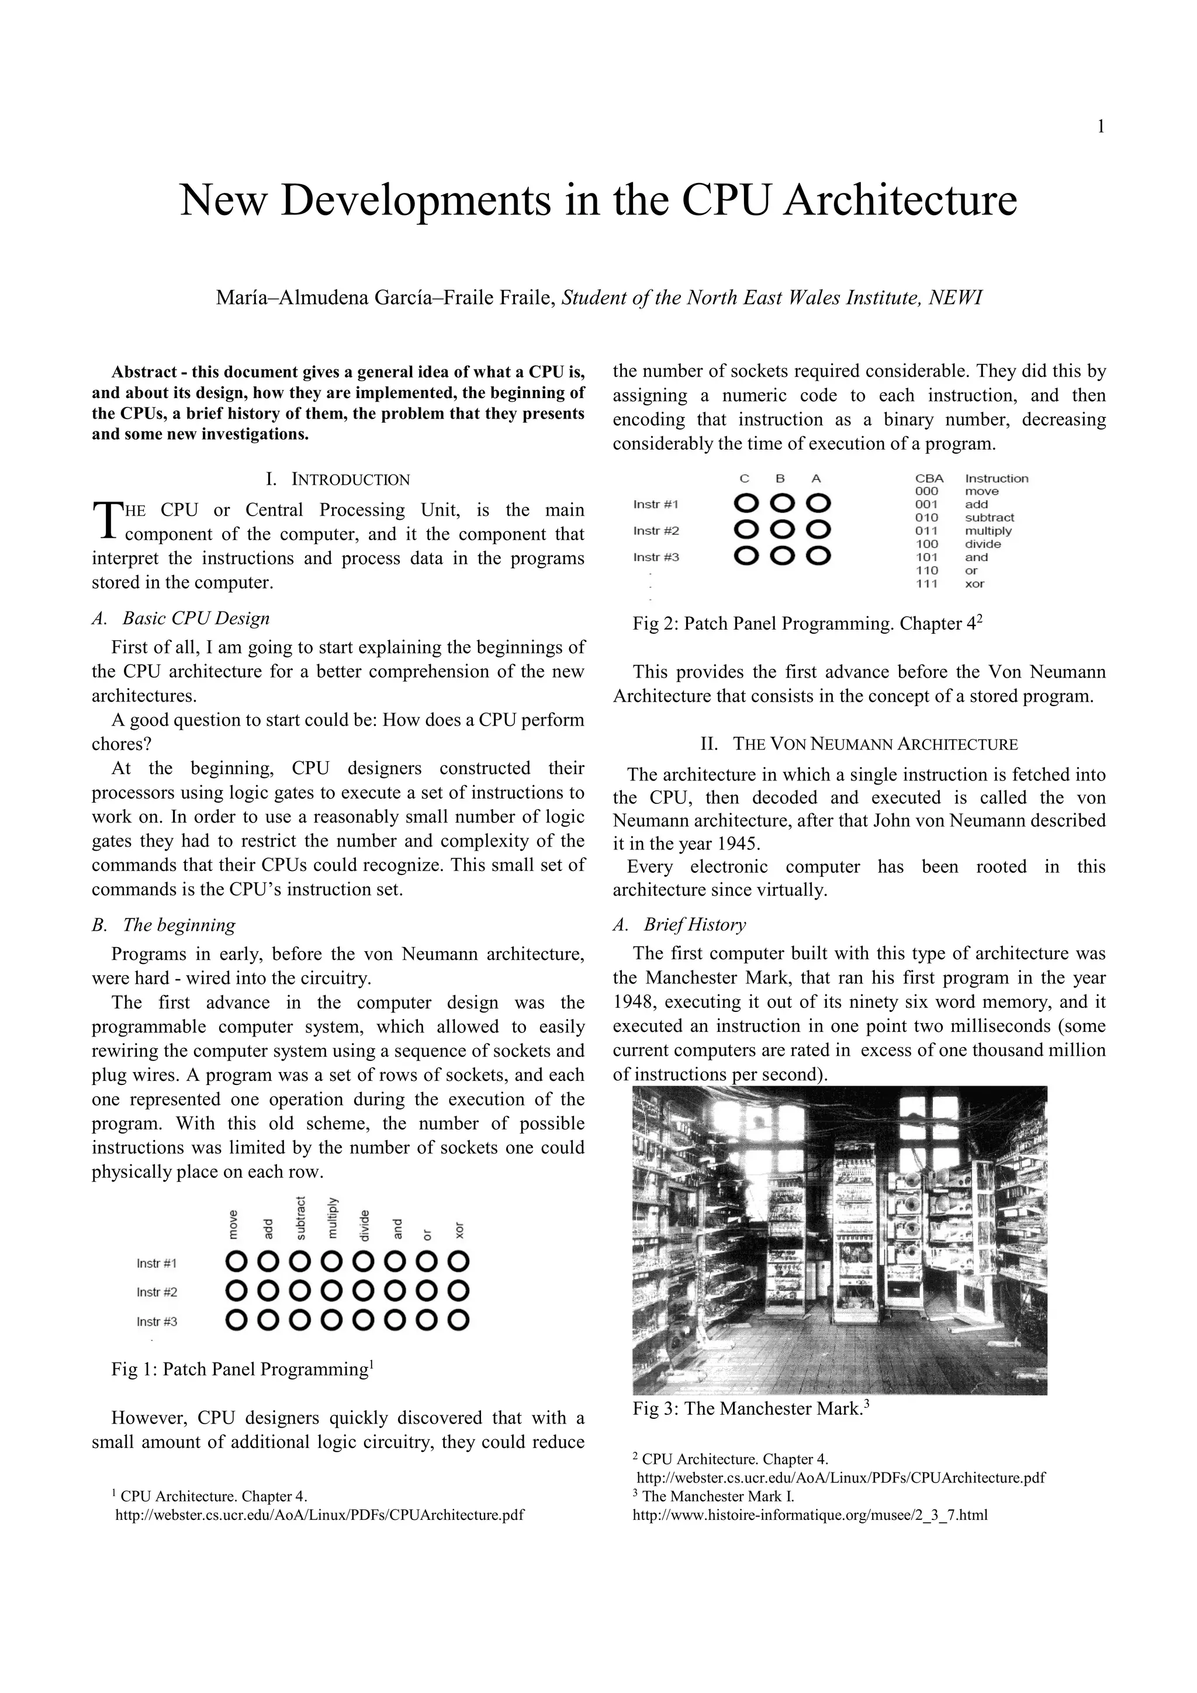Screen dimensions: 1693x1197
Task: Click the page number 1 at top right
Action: coord(1101,127)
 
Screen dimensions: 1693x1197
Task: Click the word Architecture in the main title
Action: coord(900,200)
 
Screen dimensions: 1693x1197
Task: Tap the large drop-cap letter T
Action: coord(107,520)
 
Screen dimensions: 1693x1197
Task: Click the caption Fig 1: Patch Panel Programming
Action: coord(240,1369)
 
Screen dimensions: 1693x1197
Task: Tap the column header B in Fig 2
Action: coord(780,479)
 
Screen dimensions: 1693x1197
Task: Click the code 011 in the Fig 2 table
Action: coord(926,531)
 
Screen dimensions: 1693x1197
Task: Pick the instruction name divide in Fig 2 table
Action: coord(982,544)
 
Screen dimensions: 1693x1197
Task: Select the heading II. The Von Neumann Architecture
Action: coord(859,744)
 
